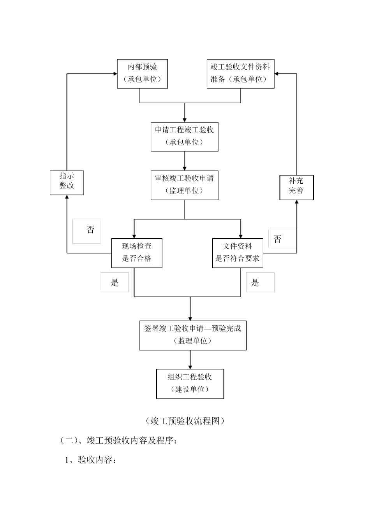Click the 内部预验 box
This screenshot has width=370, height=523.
(x=143, y=74)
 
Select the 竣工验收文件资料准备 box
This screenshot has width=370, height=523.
(x=240, y=74)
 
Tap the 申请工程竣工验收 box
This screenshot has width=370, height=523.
(x=184, y=137)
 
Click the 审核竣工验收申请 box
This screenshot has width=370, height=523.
(x=184, y=185)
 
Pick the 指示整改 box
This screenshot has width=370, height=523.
(x=67, y=182)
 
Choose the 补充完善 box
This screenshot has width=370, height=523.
(x=296, y=187)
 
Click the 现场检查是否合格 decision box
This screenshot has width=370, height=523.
(x=137, y=253)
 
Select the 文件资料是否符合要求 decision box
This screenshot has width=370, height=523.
(x=238, y=253)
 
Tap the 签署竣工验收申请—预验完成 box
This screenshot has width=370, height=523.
(x=193, y=335)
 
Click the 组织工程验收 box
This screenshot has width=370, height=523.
(x=190, y=384)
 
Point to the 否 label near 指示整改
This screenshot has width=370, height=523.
(x=90, y=230)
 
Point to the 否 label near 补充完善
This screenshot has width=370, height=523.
(x=277, y=239)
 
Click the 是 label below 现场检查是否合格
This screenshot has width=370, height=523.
(x=115, y=283)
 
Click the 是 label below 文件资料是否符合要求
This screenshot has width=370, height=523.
(x=255, y=283)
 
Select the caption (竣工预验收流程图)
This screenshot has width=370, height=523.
(x=185, y=421)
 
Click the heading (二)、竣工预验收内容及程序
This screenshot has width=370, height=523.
(x=119, y=441)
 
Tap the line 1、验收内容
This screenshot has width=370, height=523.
(x=90, y=460)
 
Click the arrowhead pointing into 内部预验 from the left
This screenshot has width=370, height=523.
(x=115, y=74)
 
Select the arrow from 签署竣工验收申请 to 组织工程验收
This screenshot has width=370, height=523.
(x=190, y=360)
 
